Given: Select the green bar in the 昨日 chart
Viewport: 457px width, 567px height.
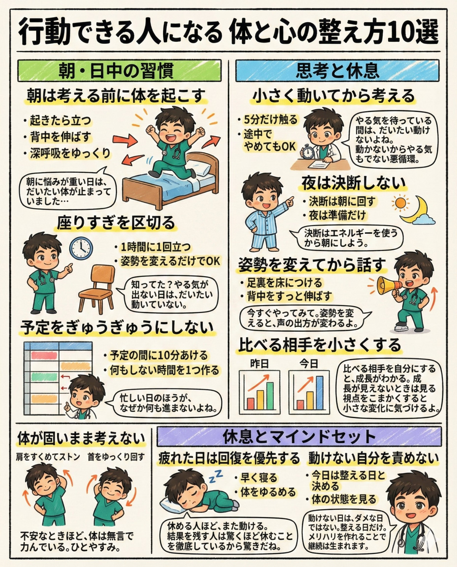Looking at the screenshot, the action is coord(270,396).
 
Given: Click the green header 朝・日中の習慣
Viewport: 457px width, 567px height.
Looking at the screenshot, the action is coord(119,70).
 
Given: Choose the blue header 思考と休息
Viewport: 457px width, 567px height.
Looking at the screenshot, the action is coord(337,70).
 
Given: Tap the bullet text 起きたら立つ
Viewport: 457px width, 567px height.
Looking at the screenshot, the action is coord(60,120).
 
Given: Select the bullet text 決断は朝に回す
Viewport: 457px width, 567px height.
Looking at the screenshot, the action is coord(342,201).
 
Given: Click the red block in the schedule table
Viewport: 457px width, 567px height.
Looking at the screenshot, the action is coord(44,355).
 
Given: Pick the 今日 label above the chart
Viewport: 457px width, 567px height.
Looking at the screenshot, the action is coord(308,364).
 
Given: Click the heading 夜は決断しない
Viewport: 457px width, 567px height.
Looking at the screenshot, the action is coord(353,183).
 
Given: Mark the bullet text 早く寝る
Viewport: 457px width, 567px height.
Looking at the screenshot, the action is coord(259,478).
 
